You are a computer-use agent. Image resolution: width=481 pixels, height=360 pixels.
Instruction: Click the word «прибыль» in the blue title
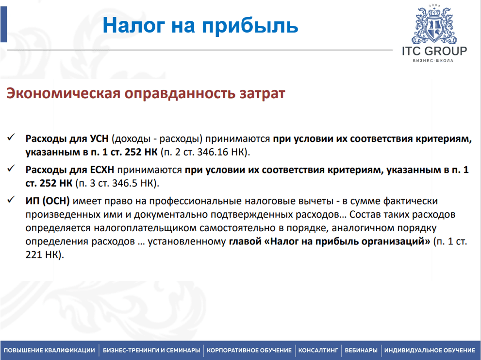(x=250, y=26)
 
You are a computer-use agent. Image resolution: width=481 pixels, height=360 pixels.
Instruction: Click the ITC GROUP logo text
(x=434, y=51)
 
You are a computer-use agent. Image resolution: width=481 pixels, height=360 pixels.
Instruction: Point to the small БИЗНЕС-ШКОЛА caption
(x=433, y=61)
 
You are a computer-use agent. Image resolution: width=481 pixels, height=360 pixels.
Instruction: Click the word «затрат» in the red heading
(x=262, y=94)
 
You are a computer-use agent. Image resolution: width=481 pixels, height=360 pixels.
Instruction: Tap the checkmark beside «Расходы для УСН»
(x=11, y=137)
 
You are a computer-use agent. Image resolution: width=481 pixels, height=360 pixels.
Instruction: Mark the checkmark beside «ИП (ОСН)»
(x=11, y=200)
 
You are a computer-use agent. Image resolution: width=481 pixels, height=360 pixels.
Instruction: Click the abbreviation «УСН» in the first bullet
(x=99, y=138)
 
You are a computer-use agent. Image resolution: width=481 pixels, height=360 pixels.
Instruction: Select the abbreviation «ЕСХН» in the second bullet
(x=102, y=170)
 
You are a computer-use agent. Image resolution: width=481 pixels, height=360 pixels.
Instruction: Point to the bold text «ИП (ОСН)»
(x=48, y=201)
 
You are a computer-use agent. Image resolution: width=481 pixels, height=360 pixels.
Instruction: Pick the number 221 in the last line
(x=34, y=255)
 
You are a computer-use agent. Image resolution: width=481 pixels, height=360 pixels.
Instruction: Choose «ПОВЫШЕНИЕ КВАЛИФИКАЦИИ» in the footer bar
(x=50, y=350)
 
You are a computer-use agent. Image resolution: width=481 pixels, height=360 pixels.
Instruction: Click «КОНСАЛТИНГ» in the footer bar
(x=318, y=350)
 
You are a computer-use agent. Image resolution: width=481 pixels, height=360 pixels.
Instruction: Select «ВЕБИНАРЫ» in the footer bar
(x=361, y=350)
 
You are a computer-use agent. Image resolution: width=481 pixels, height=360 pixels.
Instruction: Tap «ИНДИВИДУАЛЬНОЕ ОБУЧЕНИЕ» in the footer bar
(x=430, y=350)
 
